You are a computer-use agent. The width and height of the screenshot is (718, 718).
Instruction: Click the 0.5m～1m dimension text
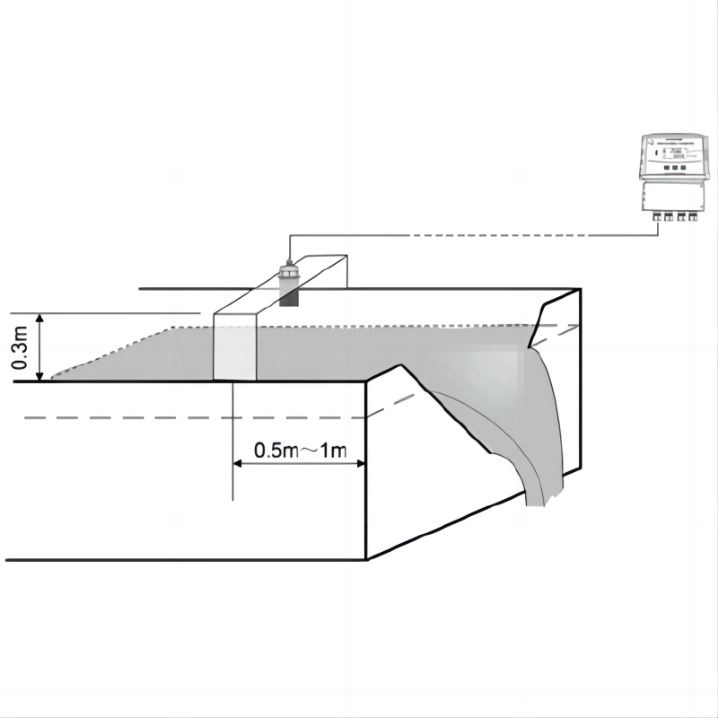[299, 451]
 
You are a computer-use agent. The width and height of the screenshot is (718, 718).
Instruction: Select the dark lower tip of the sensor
[289, 298]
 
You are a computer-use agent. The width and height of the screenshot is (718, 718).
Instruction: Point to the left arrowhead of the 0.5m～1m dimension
[238, 463]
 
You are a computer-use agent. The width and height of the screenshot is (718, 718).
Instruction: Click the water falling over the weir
[538, 422]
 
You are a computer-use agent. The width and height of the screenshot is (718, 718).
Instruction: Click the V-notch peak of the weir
[399, 365]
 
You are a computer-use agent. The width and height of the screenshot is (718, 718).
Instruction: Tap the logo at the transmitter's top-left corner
[648, 141]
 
